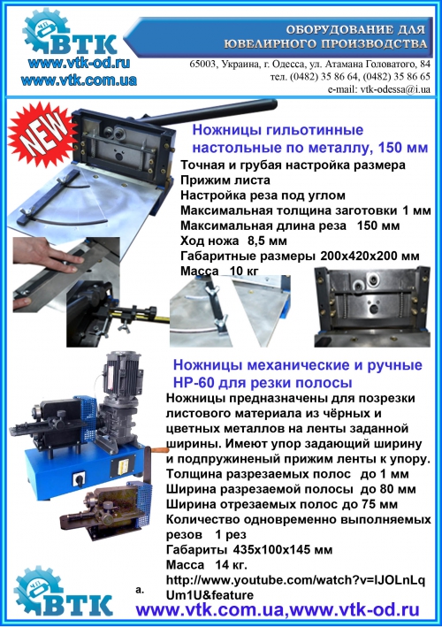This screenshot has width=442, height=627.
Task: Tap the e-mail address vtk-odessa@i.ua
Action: pyautogui.click(x=395, y=89)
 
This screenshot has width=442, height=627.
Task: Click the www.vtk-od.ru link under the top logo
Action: pyautogui.click(x=79, y=63)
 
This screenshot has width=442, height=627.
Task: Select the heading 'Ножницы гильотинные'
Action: pyautogui.click(x=278, y=130)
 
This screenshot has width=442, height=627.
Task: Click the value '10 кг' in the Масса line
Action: pyautogui.click(x=244, y=271)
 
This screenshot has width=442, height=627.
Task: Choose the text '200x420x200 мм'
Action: pyautogui.click(x=370, y=256)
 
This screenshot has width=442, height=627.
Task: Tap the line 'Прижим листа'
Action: pyautogui.click(x=225, y=180)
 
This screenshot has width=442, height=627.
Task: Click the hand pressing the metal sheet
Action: pyautogui.click(x=48, y=258)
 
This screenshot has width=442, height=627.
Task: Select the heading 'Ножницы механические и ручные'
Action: pyautogui.click(x=298, y=364)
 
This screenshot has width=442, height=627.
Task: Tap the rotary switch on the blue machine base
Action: pyautogui.click(x=79, y=478)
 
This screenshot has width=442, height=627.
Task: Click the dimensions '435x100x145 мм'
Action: pyautogui.click(x=282, y=549)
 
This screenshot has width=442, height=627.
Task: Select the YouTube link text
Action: pyautogui.click(x=295, y=587)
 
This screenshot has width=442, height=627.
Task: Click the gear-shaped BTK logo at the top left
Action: pyautogui.click(x=70, y=33)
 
